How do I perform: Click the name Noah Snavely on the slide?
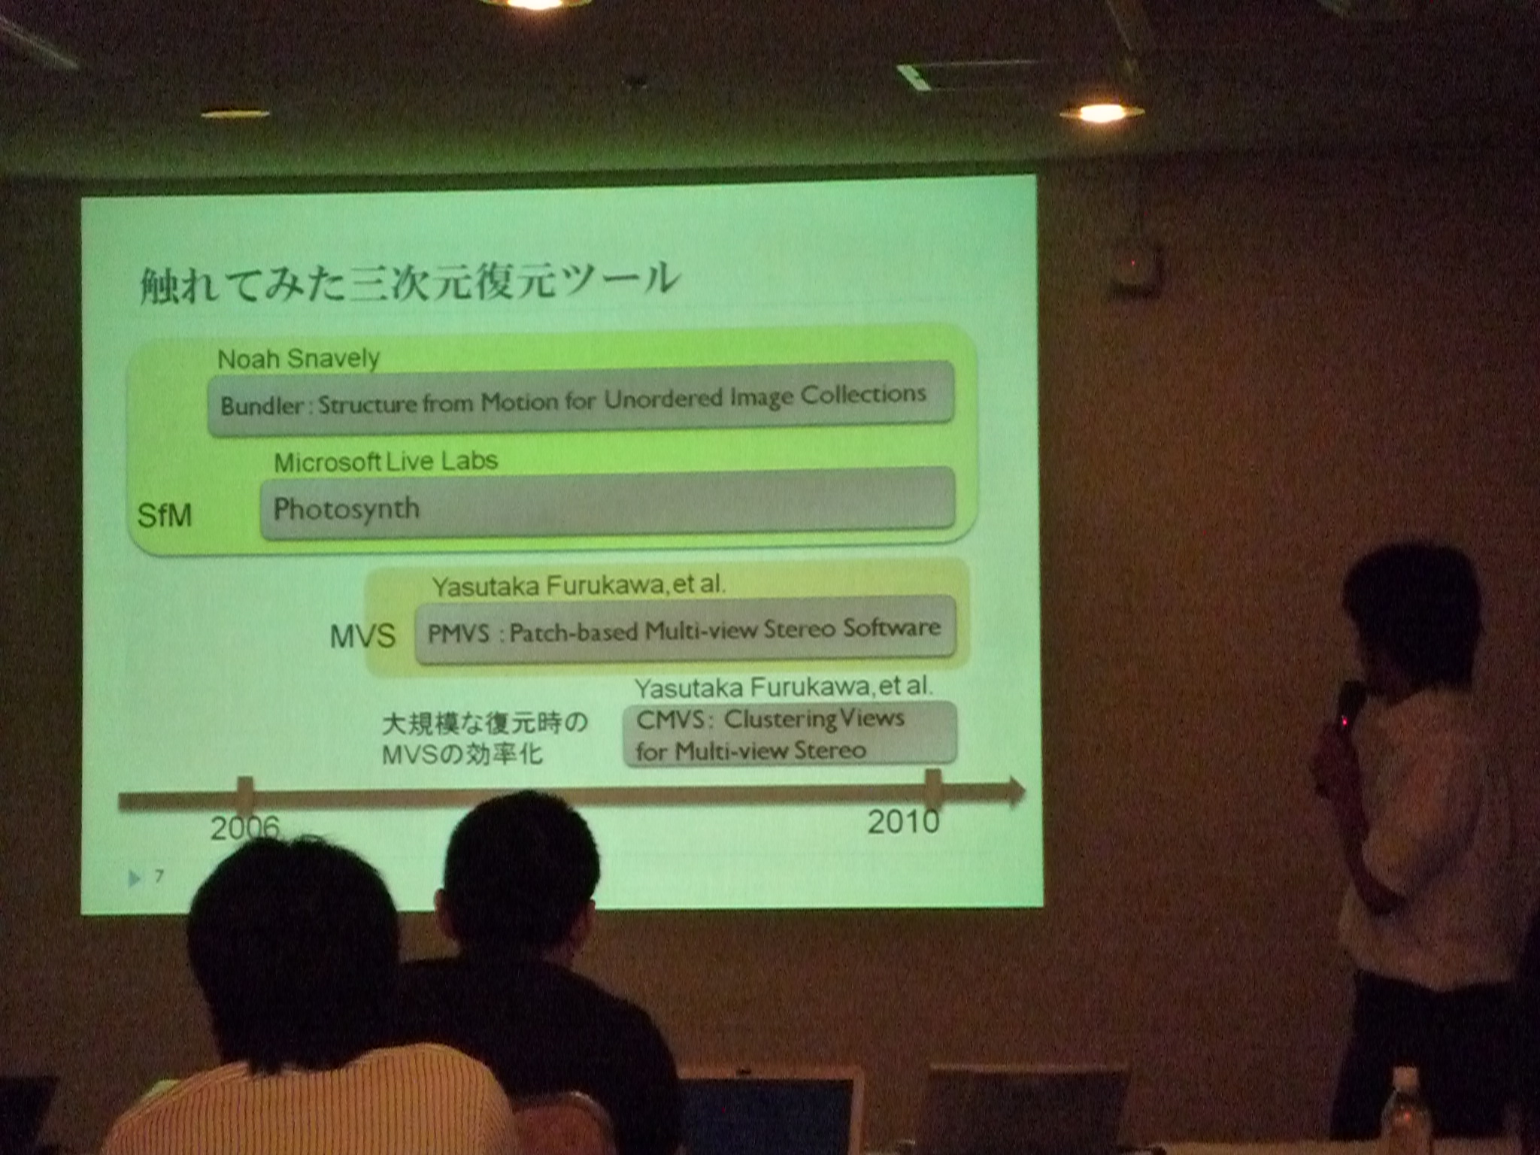click(x=299, y=359)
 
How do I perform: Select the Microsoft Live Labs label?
click(x=386, y=462)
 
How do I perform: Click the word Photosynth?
click(x=346, y=509)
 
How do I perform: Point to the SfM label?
click(x=165, y=516)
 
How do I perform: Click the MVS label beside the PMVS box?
click(x=362, y=637)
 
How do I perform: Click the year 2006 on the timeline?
click(x=245, y=829)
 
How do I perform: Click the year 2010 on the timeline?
click(x=904, y=822)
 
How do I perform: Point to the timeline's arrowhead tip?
click(x=1025, y=790)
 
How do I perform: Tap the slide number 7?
click(x=159, y=876)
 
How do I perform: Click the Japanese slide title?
click(x=410, y=283)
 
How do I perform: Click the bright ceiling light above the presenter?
click(x=1101, y=113)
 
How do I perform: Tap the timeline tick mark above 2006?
click(x=245, y=796)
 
